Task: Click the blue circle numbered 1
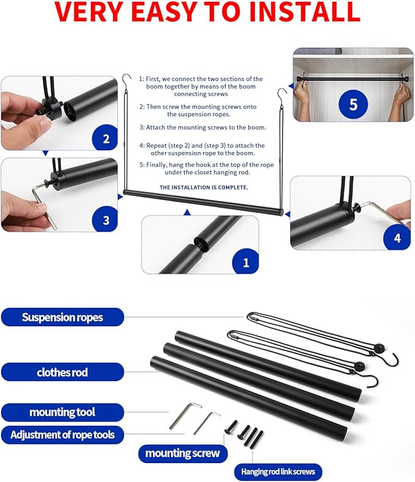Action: pos(246,263)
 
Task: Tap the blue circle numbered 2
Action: pos(106,139)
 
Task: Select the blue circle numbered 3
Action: pos(106,219)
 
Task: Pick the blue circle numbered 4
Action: pos(397,238)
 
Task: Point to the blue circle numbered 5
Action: pos(353,104)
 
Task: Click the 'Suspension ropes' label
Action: pos(62,318)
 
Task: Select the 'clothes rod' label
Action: pos(62,372)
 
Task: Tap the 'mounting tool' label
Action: pos(62,412)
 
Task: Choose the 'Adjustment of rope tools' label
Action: pos(67,435)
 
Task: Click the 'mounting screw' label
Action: pos(183,454)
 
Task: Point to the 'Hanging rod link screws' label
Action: pos(278,472)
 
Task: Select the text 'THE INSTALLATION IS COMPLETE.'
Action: pos(204,187)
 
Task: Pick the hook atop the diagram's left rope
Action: pos(126,80)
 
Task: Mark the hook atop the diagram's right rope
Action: pos(282,94)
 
